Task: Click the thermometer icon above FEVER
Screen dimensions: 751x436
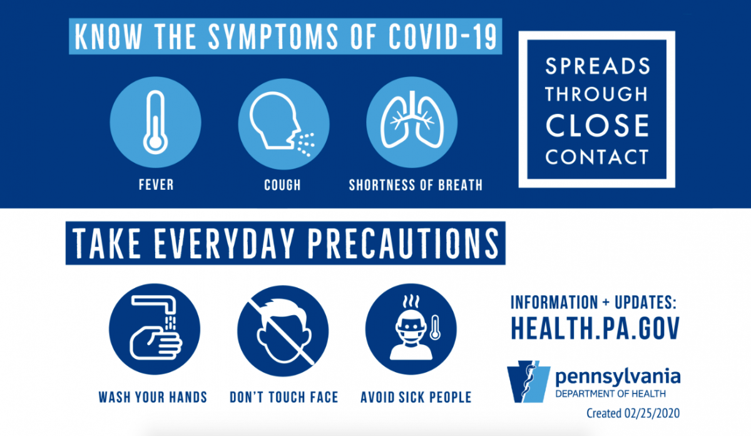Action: click(x=155, y=122)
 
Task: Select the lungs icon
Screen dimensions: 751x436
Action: click(x=412, y=120)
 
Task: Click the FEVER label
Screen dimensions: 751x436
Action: click(x=156, y=185)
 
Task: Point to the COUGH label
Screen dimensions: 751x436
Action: click(x=282, y=185)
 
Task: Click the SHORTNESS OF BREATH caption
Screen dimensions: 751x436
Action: click(x=416, y=185)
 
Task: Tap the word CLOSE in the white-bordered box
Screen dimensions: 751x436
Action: click(x=597, y=125)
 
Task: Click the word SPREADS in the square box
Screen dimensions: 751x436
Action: click(x=598, y=66)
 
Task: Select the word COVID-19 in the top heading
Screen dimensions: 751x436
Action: click(x=442, y=36)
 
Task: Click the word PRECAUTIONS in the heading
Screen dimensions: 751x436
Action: click(x=403, y=243)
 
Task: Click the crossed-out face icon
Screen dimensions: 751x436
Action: click(x=283, y=331)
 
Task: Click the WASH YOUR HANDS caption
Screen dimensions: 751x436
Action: click(x=153, y=397)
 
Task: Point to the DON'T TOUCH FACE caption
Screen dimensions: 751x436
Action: click(x=284, y=397)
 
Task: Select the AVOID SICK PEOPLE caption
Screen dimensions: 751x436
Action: click(x=416, y=397)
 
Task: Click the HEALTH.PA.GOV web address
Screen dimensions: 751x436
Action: click(x=595, y=328)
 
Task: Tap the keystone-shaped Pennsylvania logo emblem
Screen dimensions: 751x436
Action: click(x=529, y=381)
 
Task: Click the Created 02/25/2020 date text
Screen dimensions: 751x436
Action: click(x=633, y=413)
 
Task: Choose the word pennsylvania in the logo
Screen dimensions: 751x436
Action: click(x=618, y=377)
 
